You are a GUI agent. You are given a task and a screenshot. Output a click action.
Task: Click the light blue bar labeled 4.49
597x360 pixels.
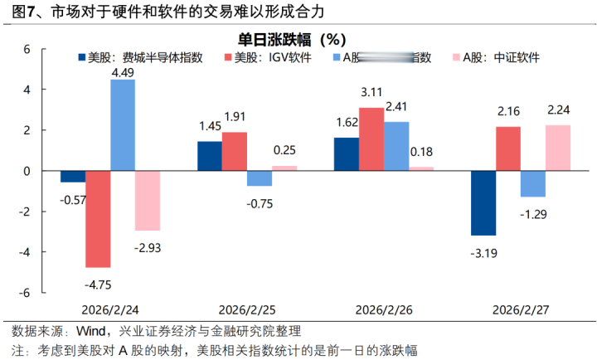[x=123, y=125]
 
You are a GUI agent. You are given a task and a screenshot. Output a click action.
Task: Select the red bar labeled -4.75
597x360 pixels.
[x=98, y=219]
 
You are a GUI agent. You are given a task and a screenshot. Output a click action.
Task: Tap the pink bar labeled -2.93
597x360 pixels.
[x=148, y=201]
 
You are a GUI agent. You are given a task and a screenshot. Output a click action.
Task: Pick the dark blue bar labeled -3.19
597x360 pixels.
[x=483, y=203]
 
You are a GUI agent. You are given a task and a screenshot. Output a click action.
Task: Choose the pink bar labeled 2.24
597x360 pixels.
[x=557, y=148]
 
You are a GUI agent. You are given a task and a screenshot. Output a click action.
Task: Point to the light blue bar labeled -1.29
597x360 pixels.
[x=532, y=184]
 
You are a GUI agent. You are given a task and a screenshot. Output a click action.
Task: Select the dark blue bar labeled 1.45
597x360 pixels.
[x=210, y=156]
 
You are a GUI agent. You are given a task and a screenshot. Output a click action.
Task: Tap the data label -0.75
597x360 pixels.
[x=260, y=202]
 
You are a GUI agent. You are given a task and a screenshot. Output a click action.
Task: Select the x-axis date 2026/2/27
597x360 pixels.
[x=520, y=309]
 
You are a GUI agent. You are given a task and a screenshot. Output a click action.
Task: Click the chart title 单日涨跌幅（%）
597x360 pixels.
[x=292, y=39]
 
